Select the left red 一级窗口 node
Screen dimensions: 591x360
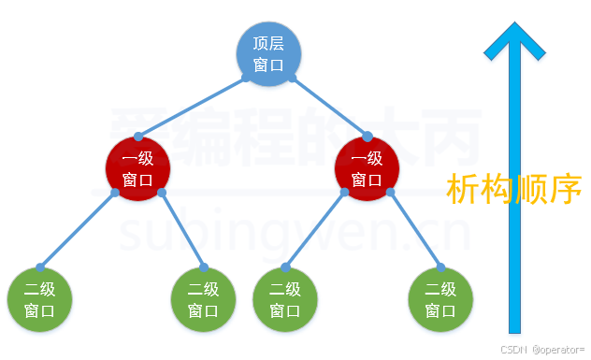pyautogui.click(x=138, y=168)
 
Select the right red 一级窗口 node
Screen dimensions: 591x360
pyautogui.click(x=367, y=168)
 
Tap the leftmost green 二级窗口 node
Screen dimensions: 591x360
pyautogui.click(x=39, y=299)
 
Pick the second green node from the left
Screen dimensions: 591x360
pyautogui.click(x=203, y=299)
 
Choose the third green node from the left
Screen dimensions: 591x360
pyautogui.click(x=285, y=299)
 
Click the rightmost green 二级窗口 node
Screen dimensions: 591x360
pyautogui.click(x=441, y=299)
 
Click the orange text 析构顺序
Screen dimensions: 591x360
pyautogui.click(x=514, y=189)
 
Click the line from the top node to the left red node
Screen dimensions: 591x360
pyautogui.click(x=192, y=108)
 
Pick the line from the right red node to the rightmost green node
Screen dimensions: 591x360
pyautogui.click(x=415, y=231)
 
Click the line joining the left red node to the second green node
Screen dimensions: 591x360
pyautogui.click(x=181, y=229)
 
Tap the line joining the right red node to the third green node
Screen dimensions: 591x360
pyautogui.click(x=314, y=229)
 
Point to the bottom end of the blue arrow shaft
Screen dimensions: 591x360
pyautogui.click(x=513, y=329)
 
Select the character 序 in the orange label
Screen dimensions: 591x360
pyautogui.click(x=566, y=189)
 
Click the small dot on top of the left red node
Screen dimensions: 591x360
pyautogui.click(x=138, y=137)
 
